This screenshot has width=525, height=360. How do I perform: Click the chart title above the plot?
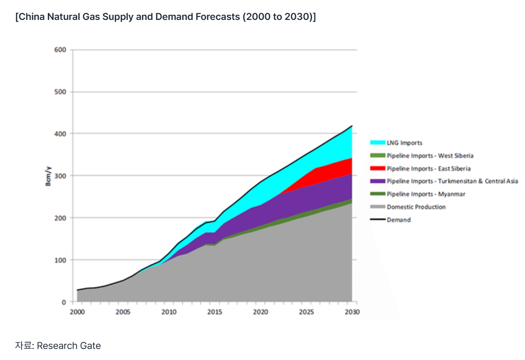165,18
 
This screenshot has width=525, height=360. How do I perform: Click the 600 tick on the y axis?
60,50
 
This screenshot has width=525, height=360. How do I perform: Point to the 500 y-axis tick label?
60,92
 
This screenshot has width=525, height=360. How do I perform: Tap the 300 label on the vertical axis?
60,176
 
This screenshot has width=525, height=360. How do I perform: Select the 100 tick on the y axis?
60,260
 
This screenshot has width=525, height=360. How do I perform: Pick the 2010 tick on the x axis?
169,312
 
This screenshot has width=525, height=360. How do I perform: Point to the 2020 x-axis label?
261,312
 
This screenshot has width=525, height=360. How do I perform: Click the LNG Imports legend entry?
404,143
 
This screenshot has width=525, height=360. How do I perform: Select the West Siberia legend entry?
430,156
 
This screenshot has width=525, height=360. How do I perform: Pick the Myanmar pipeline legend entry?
426,194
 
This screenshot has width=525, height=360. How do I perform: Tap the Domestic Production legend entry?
416,207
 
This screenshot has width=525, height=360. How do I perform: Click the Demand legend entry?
399,220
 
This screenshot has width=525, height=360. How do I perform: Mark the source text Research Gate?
69,346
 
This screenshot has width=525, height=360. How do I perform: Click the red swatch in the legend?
377,169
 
